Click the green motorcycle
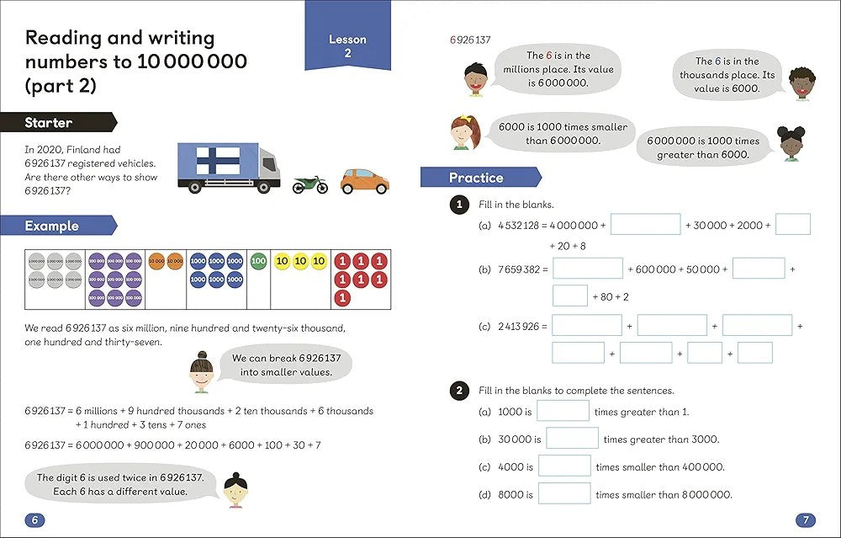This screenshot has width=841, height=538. pos(309,184)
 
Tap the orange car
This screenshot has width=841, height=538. pos(364,180)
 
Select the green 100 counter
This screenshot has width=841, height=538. pos(258,261)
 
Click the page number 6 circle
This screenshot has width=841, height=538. pos(34,519)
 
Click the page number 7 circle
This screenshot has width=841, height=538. pos(805,519)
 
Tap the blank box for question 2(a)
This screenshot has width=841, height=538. pos(563,411)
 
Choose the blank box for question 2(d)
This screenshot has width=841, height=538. pos(564,493)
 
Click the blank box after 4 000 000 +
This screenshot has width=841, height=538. pos(645,225)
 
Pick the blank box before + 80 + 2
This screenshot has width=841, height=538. pos(569,296)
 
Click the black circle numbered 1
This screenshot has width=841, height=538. pos(459,205)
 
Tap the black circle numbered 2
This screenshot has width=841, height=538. pos(459,390)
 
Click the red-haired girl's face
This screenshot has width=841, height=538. pos(462,133)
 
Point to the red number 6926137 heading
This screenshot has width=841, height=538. pos(470,40)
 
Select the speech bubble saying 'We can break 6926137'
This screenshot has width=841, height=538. pos(286,365)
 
